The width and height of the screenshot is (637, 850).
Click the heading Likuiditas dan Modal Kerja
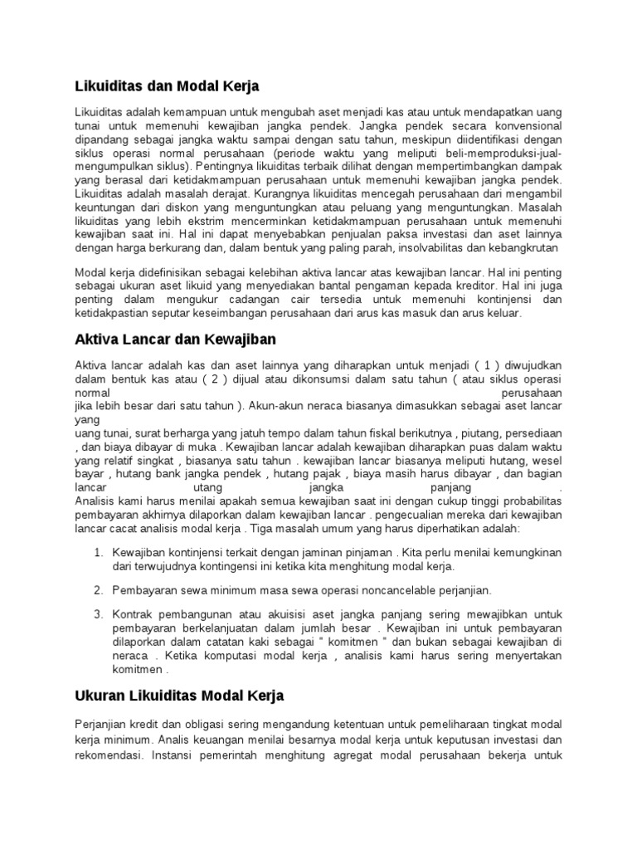pos(168,85)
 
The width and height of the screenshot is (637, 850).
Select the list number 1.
pos(97,552)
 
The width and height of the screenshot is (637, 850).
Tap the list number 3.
pos(97,614)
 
